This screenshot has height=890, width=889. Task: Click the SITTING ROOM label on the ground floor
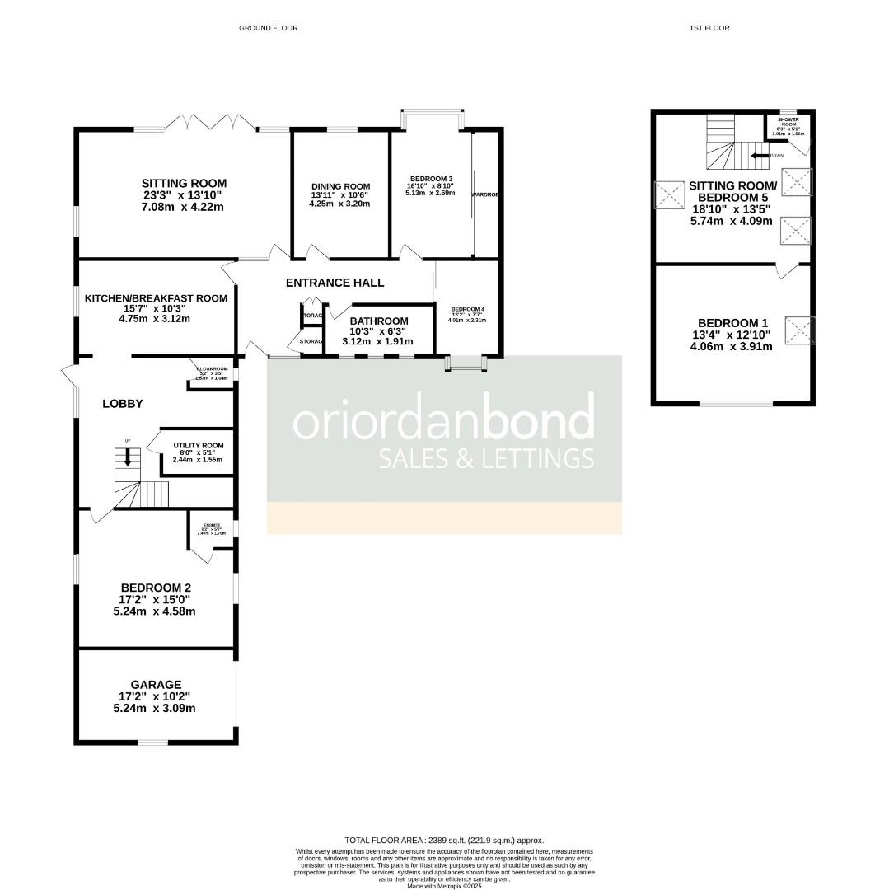[184, 184]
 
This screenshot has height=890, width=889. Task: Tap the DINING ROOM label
[340, 187]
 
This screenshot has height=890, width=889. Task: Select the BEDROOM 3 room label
[432, 179]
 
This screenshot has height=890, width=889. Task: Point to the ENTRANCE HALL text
[335, 283]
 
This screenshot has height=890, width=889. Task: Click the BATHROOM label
[379, 321]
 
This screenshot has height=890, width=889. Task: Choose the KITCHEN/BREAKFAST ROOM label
[155, 298]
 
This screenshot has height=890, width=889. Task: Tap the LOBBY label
[123, 404]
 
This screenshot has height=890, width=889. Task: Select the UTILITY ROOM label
[198, 446]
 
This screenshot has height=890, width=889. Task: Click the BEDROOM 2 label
[157, 588]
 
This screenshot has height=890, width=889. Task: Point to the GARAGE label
[156, 684]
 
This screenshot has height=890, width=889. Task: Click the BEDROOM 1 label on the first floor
[732, 323]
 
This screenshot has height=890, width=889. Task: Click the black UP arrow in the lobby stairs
[127, 457]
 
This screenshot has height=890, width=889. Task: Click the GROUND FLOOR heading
[268, 28]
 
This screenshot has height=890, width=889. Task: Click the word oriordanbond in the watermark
[443, 420]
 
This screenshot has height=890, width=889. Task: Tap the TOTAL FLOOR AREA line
[445, 840]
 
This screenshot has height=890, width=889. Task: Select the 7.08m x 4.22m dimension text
[184, 207]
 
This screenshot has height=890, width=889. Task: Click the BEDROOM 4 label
[467, 310]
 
